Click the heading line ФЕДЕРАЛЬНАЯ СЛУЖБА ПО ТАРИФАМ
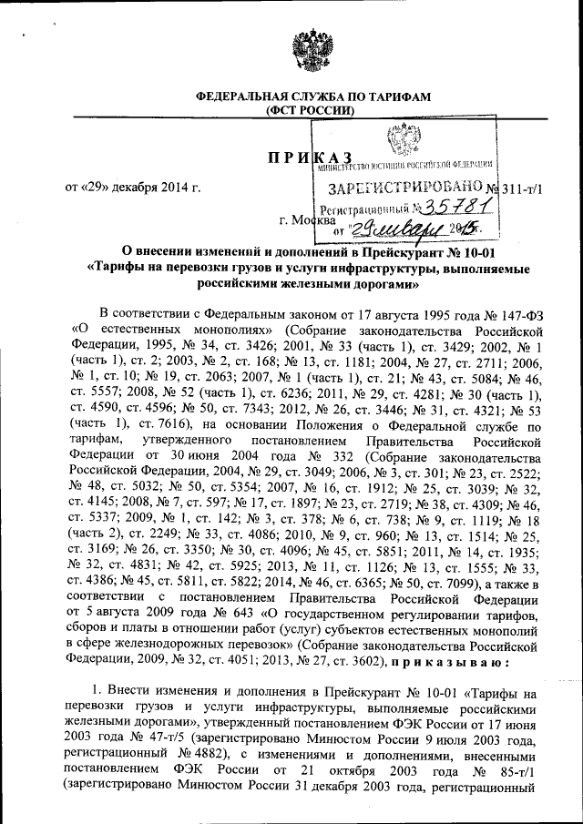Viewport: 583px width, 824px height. tap(301, 97)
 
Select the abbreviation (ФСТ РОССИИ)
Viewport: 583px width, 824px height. tap(302, 111)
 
